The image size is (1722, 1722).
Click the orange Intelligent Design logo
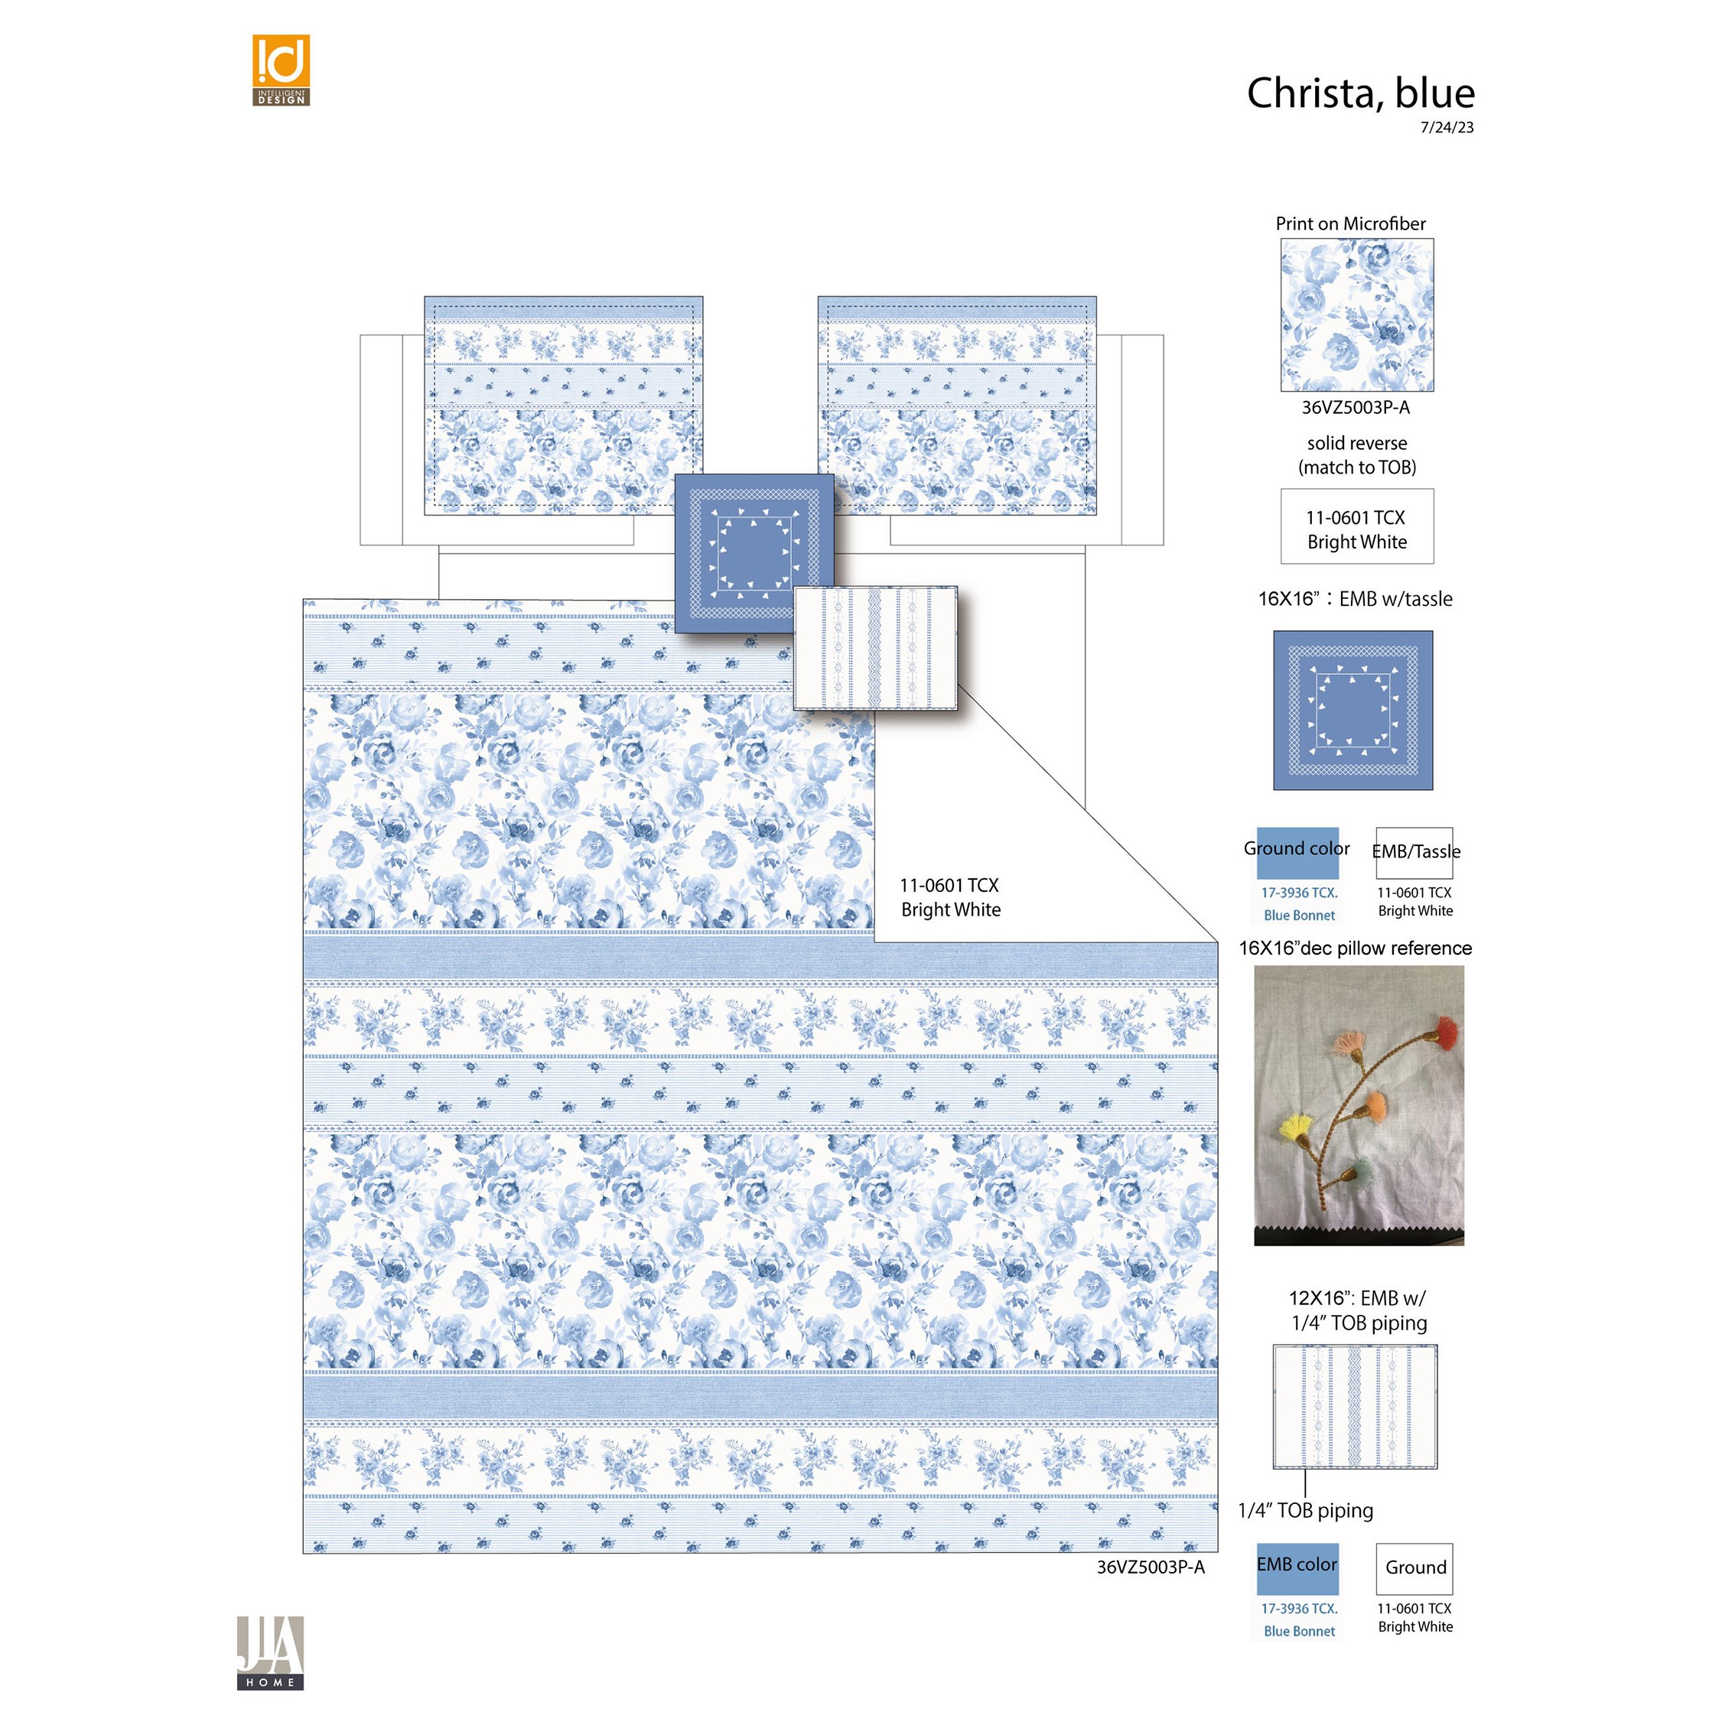click(x=281, y=70)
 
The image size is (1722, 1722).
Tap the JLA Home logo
click(x=270, y=1652)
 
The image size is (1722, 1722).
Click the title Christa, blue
click(x=1360, y=93)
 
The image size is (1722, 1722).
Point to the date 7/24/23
click(x=1447, y=128)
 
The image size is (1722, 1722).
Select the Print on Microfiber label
click(x=1350, y=223)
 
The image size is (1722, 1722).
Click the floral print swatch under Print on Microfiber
click(x=1357, y=314)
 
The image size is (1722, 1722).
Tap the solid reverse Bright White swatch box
click(x=1357, y=526)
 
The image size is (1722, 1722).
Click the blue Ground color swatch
click(x=1297, y=853)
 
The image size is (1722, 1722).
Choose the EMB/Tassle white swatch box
click(x=1414, y=853)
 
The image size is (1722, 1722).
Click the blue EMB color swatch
click(x=1297, y=1569)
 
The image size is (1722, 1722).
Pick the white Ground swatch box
click(x=1414, y=1569)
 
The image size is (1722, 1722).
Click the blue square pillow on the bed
click(x=754, y=552)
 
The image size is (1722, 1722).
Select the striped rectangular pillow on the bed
click(x=875, y=648)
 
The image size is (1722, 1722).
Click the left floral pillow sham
click(x=563, y=405)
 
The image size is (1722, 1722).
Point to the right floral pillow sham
click(x=957, y=405)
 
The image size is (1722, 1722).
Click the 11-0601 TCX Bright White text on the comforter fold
click(x=950, y=897)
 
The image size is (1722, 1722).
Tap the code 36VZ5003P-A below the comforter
click(x=1151, y=1567)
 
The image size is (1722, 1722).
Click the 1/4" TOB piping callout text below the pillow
click(x=1306, y=1511)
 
